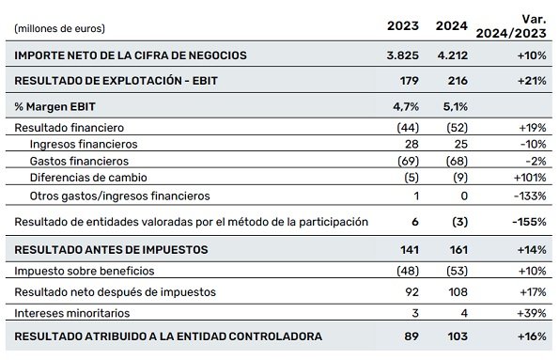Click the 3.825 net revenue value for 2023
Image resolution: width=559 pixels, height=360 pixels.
point(401,55)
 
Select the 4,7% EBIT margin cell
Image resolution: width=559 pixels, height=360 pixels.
point(406,106)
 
